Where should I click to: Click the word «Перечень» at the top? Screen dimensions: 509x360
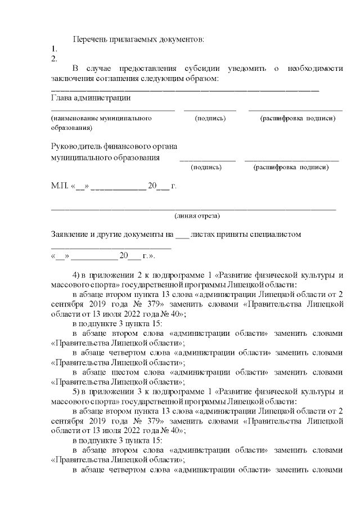tap(91, 39)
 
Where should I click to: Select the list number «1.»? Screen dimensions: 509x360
tap(54, 49)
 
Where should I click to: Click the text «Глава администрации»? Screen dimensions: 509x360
tap(91, 98)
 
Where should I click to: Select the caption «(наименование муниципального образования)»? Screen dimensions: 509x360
tap(101, 123)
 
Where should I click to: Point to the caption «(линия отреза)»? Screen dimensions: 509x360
tap(197, 215)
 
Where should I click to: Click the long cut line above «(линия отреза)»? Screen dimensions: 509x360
tap(193, 209)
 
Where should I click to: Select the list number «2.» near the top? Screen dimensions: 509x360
tap(54, 58)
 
